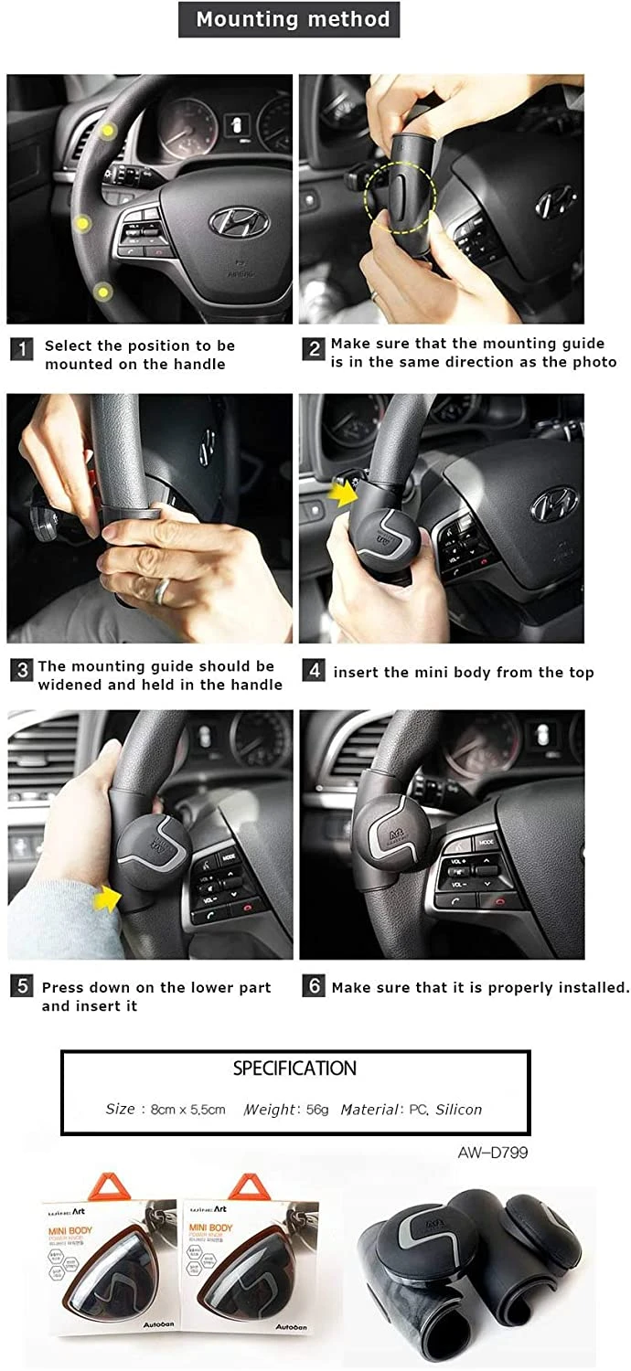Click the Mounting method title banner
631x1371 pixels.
(x=289, y=19)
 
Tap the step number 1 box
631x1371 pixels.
(x=22, y=348)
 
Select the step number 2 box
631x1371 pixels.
(x=314, y=348)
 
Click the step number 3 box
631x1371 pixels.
(x=22, y=670)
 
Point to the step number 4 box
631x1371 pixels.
(x=314, y=670)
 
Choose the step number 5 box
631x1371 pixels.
(x=22, y=986)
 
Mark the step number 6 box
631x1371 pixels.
(x=314, y=986)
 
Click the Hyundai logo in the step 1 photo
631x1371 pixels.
(x=239, y=220)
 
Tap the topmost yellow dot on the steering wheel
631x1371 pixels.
(x=108, y=132)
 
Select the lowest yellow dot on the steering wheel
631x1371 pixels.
(x=102, y=292)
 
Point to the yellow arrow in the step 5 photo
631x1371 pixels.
(x=108, y=900)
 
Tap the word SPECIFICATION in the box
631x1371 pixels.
(x=294, y=1068)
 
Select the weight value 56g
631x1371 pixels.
(x=317, y=1110)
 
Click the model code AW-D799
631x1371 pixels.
(x=492, y=1153)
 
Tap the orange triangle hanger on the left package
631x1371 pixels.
(x=89, y=1185)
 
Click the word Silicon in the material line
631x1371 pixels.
(x=458, y=1110)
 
